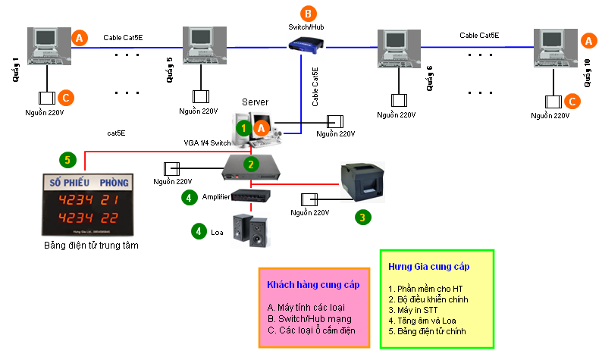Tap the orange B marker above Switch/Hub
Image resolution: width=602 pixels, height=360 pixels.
[x=306, y=13]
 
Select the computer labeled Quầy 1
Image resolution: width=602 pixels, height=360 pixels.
[x=47, y=45]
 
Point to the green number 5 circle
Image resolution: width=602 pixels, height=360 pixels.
[x=67, y=159]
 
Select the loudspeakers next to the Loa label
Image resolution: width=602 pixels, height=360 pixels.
[x=250, y=230]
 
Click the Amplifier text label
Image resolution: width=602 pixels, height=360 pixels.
[x=215, y=196]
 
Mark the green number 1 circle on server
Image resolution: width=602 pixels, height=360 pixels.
[x=242, y=128]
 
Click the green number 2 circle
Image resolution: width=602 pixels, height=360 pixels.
[x=250, y=163]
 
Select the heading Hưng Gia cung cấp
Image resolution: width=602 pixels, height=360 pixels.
[x=428, y=268]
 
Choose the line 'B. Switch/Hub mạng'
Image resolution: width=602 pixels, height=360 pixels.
[x=309, y=318]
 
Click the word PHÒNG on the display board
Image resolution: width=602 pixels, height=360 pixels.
[x=110, y=183]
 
